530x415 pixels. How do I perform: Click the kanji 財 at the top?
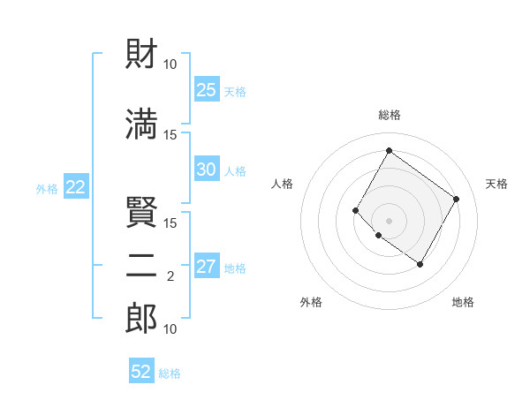[141, 55]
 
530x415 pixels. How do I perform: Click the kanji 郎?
[141, 319]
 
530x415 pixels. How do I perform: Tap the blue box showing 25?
[206, 90]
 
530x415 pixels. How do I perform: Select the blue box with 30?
[206, 170]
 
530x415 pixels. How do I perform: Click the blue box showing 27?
[206, 268]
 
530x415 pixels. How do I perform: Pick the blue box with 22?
[75, 187]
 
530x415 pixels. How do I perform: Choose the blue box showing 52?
[141, 372]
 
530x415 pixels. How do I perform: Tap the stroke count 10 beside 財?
[170, 64]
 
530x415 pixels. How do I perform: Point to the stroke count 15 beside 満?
[170, 134]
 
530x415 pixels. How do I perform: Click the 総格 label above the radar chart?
[389, 115]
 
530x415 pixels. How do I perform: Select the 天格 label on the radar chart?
[496, 184]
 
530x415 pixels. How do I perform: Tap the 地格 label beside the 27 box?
[235, 268]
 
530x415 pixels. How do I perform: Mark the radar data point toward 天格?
[456, 199]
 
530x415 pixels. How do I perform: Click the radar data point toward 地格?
[420, 264]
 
